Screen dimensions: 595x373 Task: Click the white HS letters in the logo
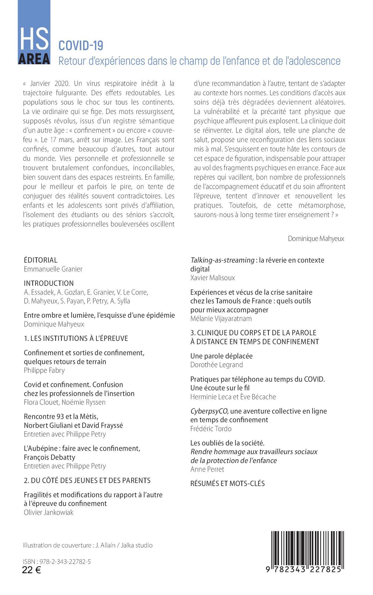click(x=34, y=38)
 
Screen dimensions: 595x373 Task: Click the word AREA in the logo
click(x=34, y=59)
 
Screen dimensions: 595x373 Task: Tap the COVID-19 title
click(x=81, y=46)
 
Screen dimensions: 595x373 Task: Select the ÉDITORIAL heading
click(x=40, y=260)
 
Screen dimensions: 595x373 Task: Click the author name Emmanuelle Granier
click(x=53, y=269)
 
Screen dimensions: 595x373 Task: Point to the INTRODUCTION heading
click(x=49, y=283)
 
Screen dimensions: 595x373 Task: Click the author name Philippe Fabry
click(x=44, y=370)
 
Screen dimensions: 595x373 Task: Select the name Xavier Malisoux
click(x=213, y=278)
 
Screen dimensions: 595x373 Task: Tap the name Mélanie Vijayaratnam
click(x=221, y=319)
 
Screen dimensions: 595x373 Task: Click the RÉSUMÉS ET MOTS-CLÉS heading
click(x=228, y=484)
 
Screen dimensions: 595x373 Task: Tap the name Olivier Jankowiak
click(x=48, y=513)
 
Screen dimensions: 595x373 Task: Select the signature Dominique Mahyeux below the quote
click(x=316, y=239)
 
